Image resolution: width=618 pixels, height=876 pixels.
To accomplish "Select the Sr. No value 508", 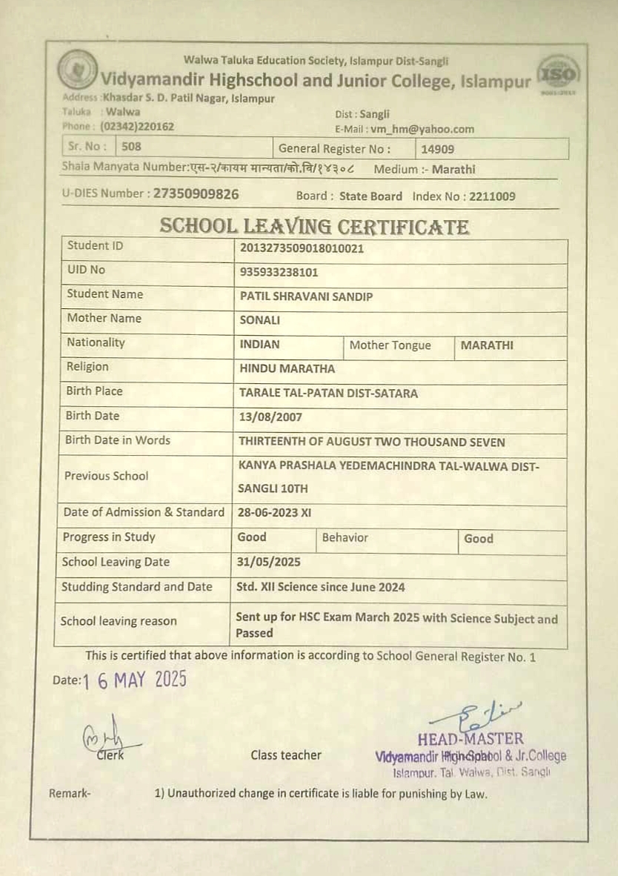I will pyautogui.click(x=132, y=147).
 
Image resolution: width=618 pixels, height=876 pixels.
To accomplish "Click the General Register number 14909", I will pyautogui.click(x=438, y=149).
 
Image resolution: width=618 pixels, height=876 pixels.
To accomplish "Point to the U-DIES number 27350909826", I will pyautogui.click(x=196, y=194).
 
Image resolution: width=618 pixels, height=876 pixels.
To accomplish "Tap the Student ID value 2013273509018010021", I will pyautogui.click(x=302, y=248).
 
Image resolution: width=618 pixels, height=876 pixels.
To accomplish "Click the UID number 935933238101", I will pyautogui.click(x=279, y=272).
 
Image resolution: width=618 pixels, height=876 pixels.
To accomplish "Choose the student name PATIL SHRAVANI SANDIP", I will pyautogui.click(x=306, y=296).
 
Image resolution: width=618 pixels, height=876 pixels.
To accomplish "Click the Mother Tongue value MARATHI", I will pyautogui.click(x=487, y=345).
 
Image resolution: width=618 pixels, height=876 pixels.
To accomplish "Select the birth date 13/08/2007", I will pyautogui.click(x=270, y=417).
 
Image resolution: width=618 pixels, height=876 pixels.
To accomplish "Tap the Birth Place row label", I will pyautogui.click(x=94, y=391).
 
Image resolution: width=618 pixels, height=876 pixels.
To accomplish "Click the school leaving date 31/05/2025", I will pyautogui.click(x=269, y=562).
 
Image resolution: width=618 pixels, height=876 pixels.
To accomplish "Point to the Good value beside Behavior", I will pyautogui.click(x=479, y=539).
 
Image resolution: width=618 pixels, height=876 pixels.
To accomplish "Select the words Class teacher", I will pyautogui.click(x=286, y=755).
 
